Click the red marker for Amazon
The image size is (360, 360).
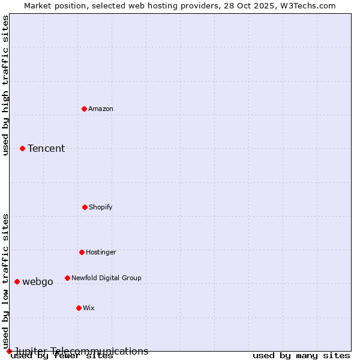84,109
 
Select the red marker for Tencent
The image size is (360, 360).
22,148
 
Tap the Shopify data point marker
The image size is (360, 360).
85,207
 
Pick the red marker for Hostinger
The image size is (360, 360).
82,252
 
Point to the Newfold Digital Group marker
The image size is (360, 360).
67,278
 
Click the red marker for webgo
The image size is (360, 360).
17,281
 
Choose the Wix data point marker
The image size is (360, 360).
79,308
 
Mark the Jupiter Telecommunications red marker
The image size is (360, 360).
9,351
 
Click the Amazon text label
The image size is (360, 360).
101,109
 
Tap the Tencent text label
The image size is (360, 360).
46,148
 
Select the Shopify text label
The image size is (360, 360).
101,207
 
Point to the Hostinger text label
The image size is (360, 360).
101,252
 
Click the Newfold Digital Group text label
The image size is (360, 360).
106,278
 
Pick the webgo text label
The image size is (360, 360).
38,281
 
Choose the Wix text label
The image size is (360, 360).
89,308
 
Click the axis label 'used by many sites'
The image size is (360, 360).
301,356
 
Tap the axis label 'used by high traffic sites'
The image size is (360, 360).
6,85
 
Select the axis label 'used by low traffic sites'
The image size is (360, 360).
6,281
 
